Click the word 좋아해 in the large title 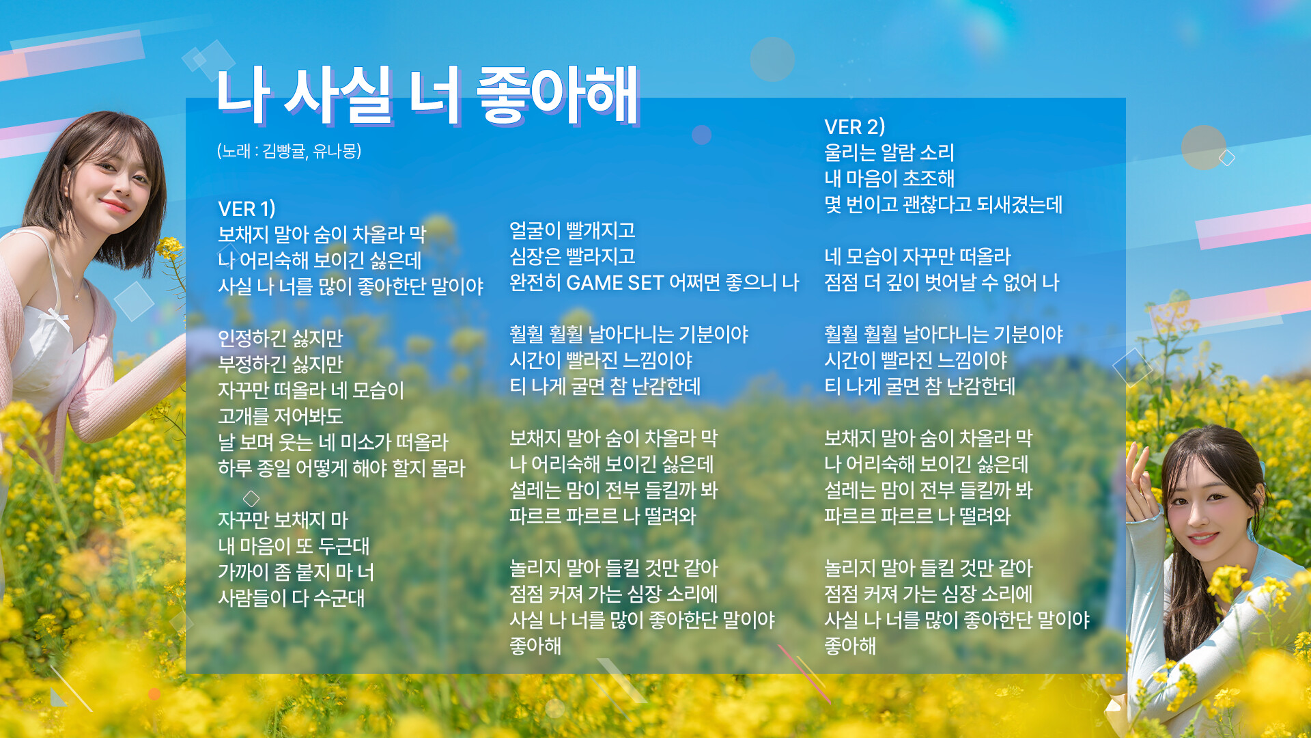click(557, 96)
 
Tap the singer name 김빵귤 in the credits click(284, 151)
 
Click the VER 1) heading click(246, 208)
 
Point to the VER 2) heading click(854, 127)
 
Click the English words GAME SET click(615, 283)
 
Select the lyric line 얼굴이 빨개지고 click(572, 231)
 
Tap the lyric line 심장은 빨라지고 click(572, 257)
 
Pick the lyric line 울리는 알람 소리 click(889, 153)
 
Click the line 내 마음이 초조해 click(889, 179)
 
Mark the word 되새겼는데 click(1019, 205)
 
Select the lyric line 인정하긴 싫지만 click(280, 339)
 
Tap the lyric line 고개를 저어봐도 click(280, 417)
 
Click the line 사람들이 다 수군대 click(291, 599)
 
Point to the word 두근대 click(343, 547)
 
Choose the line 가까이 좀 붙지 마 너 click(296, 573)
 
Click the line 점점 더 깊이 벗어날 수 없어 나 click(942, 283)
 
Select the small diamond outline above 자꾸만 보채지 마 click(251, 498)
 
